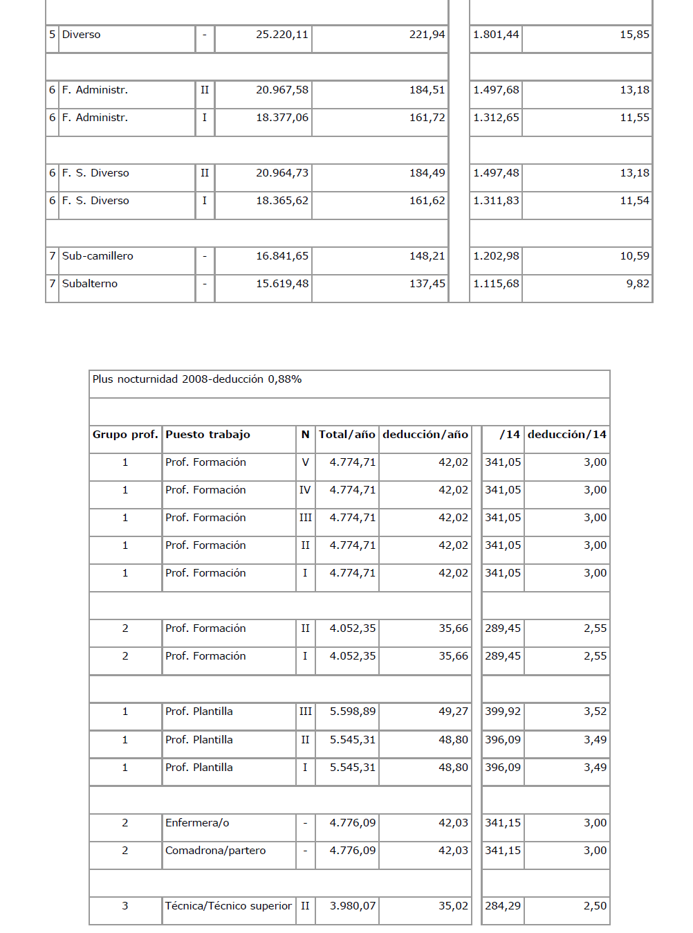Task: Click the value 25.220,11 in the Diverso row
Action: point(282,35)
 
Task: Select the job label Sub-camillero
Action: point(98,256)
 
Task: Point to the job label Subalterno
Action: point(90,284)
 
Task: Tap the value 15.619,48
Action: point(282,284)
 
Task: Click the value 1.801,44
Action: point(496,35)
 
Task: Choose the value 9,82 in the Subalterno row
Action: point(638,284)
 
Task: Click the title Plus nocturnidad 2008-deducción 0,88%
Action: point(197,379)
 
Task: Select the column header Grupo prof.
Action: point(125,435)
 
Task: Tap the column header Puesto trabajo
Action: point(207,435)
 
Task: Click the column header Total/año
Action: point(347,435)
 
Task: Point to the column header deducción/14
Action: point(567,435)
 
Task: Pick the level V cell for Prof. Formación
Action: point(305,462)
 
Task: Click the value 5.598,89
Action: point(353,712)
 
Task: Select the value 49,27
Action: point(453,712)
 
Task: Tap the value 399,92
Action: point(503,712)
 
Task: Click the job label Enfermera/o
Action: point(197,823)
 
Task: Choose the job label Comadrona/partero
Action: point(215,851)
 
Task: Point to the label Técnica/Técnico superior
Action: point(228,906)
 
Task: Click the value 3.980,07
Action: point(353,906)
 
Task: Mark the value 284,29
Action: point(503,906)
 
